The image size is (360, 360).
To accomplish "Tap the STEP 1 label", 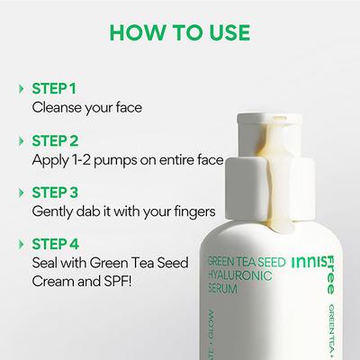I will point(54,90).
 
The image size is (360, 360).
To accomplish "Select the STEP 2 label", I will point(55,140).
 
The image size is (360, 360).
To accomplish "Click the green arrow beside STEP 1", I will point(21,90).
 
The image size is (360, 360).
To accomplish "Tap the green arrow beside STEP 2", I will point(21,140).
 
